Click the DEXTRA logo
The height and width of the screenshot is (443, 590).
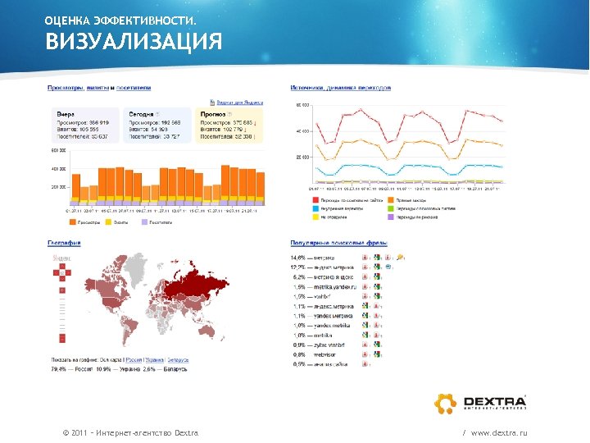click(479, 403)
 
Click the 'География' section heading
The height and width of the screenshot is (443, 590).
click(63, 243)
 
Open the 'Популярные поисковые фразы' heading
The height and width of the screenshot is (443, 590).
click(339, 243)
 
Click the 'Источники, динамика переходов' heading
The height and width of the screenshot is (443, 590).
click(341, 88)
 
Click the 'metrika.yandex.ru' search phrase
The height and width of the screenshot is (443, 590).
click(336, 287)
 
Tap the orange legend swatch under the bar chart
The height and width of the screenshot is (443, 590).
click(75, 221)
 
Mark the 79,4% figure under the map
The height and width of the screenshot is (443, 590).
click(58, 369)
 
